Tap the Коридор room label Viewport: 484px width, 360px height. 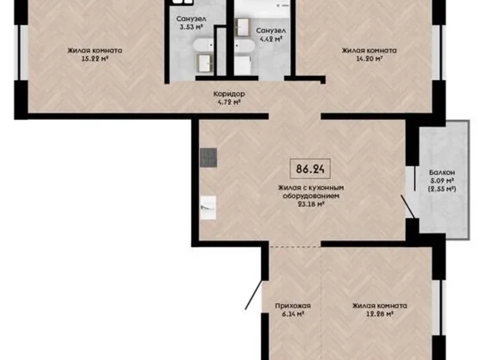pos(229,94)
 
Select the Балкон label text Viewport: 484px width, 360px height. pos(442,173)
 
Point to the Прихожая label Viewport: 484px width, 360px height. pos(293,305)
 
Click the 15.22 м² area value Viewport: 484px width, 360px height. pos(95,60)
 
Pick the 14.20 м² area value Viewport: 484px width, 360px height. pos(369,60)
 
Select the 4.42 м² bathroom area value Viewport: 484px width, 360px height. pos(271,38)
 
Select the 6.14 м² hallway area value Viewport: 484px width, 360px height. pos(293,314)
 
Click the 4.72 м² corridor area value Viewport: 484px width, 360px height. pos(229,102)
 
